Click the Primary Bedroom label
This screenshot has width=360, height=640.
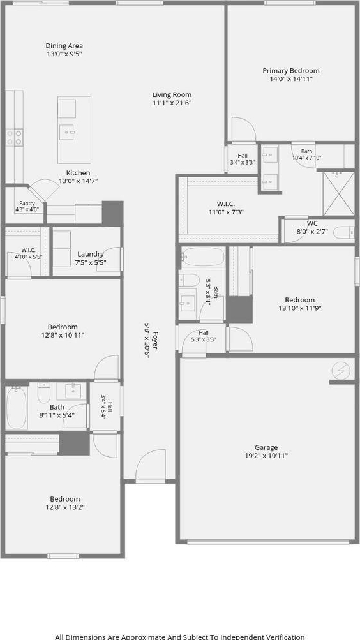[x=290, y=71]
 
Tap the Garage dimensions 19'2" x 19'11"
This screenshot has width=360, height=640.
[x=266, y=456]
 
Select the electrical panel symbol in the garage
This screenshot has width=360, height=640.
[x=341, y=371]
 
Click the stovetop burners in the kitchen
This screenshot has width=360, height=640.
[x=14, y=137]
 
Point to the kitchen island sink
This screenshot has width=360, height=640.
[x=66, y=132]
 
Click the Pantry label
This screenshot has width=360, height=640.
[x=27, y=204]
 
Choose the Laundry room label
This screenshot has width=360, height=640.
[x=90, y=254]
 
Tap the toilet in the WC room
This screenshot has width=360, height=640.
[x=343, y=233]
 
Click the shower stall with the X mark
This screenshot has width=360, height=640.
[x=339, y=193]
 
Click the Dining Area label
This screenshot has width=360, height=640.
[x=64, y=46]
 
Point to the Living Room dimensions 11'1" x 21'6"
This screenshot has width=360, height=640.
[x=172, y=103]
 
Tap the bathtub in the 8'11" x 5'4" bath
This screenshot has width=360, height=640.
[x=17, y=408]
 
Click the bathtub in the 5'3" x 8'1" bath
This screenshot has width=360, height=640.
[x=203, y=257]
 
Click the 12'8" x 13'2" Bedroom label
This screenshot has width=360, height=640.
[x=64, y=499]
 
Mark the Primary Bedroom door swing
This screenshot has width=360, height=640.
[x=243, y=130]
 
